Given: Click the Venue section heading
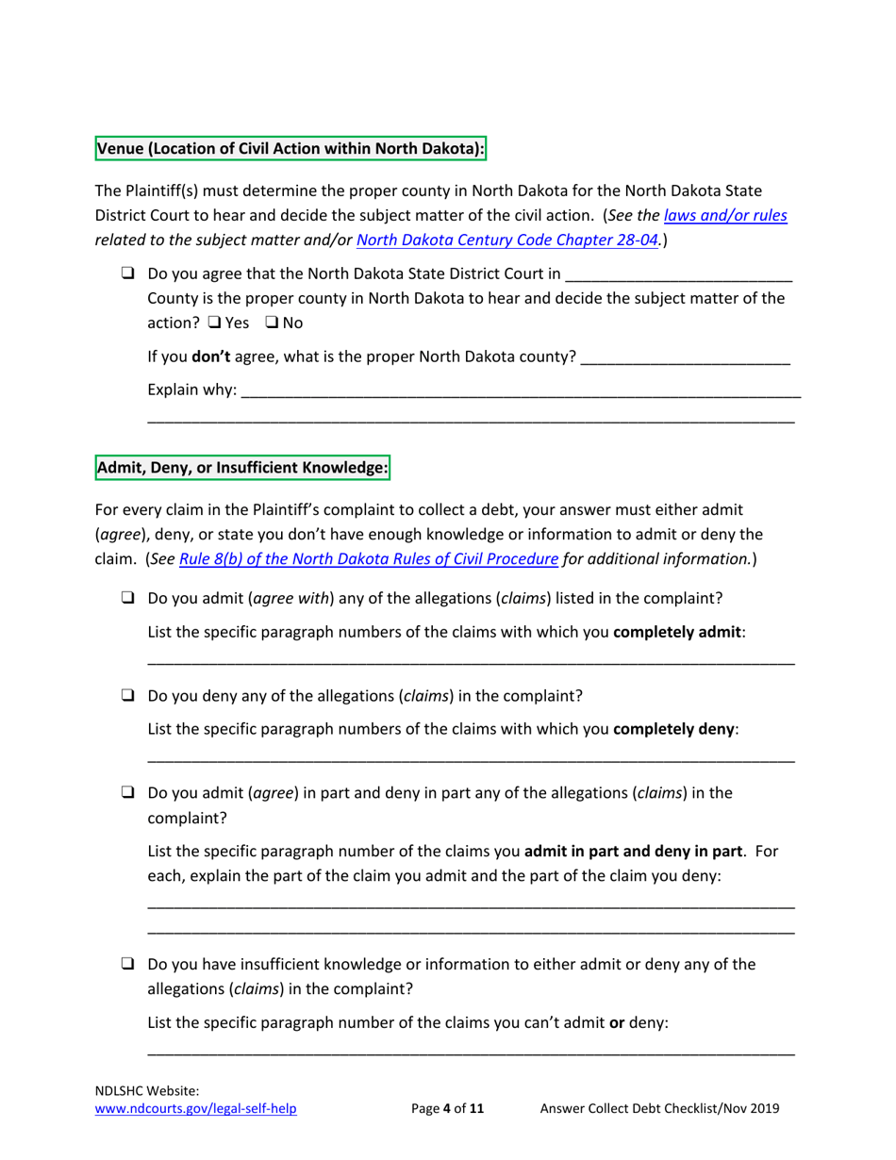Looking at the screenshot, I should (290, 148).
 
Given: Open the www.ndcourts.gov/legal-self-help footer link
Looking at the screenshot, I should (197, 1109).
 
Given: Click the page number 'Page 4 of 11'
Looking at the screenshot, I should (448, 1109).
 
